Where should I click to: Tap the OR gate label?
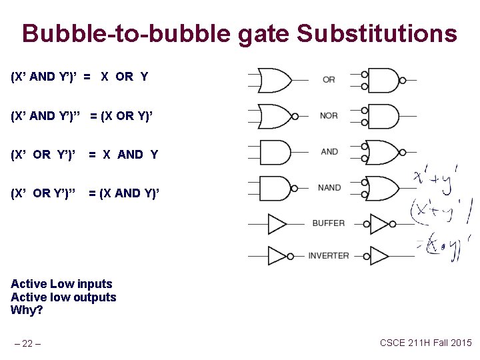(329, 80)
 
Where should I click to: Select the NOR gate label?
(329, 116)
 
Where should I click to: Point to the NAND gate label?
(329, 188)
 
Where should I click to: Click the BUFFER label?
(329, 223)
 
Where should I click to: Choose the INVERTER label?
(329, 255)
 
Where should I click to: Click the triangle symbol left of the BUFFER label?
(277, 223)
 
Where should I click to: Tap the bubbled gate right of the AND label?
(383, 152)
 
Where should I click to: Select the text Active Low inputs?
(61, 284)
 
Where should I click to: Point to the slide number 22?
(27, 344)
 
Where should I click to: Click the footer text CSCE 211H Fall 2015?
(425, 343)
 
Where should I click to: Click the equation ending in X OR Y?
(79, 77)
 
